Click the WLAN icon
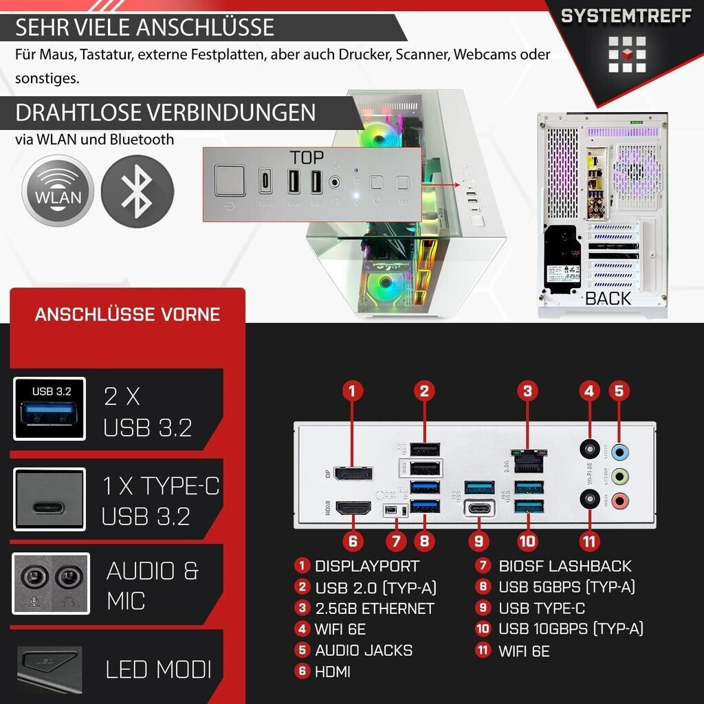[x=58, y=190]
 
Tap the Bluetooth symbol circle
[x=137, y=190]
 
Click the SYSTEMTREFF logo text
[x=626, y=16]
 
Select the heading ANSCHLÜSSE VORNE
[x=127, y=315]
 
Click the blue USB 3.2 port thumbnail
[x=49, y=409]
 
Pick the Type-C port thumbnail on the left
[x=49, y=499]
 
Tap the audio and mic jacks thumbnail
[x=51, y=583]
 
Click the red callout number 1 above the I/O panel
[x=351, y=391]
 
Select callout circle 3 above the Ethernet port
[x=527, y=391]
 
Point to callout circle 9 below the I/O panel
[x=478, y=541]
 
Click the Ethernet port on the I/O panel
[x=527, y=460]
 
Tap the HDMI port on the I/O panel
[x=353, y=509]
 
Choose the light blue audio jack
[x=620, y=451]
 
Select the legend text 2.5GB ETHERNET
[x=374, y=608]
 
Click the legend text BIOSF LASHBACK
[x=564, y=566]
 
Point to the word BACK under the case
[x=607, y=298]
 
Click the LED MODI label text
[x=158, y=670]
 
